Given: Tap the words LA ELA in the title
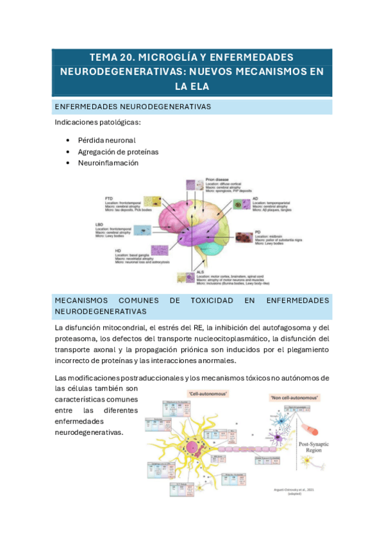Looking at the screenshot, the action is [x=192, y=85].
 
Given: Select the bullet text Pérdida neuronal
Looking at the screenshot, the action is [x=106, y=140].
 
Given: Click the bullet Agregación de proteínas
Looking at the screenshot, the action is [x=118, y=151].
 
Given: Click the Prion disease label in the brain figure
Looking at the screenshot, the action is [x=217, y=180].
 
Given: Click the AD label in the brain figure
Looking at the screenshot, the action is [x=255, y=199].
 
